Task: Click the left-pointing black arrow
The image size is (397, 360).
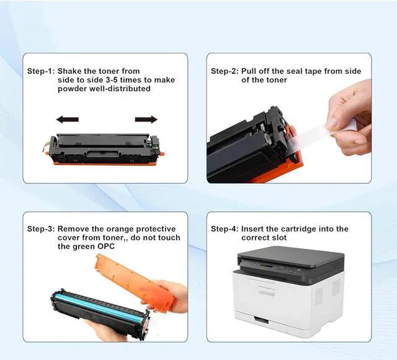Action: [x=67, y=119]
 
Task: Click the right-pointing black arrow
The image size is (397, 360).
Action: [x=146, y=119]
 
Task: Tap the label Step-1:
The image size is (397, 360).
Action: [x=41, y=71]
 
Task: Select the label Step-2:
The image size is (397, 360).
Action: [x=224, y=71]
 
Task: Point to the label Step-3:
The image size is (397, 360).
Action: [x=41, y=229]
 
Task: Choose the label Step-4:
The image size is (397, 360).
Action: [x=224, y=229]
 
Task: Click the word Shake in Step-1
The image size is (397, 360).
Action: [x=72, y=71]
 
